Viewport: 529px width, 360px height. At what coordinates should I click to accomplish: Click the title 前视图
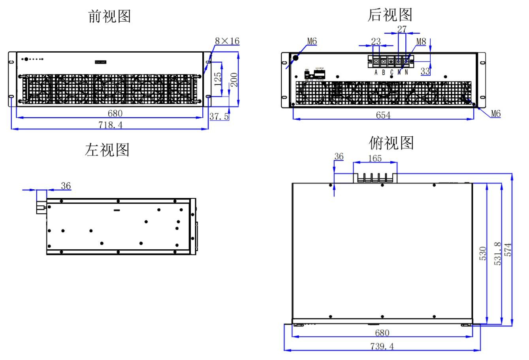click(109, 17)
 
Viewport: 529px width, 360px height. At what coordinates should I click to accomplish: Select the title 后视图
click(390, 15)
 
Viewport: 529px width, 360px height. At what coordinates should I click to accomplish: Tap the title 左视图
click(107, 150)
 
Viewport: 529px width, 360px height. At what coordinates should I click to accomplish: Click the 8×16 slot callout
click(227, 41)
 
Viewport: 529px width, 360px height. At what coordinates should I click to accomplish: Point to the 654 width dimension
click(383, 115)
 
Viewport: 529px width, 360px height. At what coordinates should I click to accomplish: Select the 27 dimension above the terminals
click(402, 29)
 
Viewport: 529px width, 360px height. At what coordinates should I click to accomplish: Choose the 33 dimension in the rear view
click(425, 72)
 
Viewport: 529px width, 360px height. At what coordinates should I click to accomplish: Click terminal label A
click(376, 72)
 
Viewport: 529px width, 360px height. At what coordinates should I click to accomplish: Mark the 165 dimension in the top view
click(375, 158)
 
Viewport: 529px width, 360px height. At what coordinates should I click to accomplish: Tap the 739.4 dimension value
click(382, 346)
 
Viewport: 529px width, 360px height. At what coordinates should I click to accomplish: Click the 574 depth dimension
click(508, 250)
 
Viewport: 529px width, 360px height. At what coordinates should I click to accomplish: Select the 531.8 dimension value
click(498, 253)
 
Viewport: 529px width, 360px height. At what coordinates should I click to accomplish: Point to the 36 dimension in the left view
click(66, 185)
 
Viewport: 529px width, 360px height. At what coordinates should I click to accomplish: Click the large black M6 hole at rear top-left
click(295, 57)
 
